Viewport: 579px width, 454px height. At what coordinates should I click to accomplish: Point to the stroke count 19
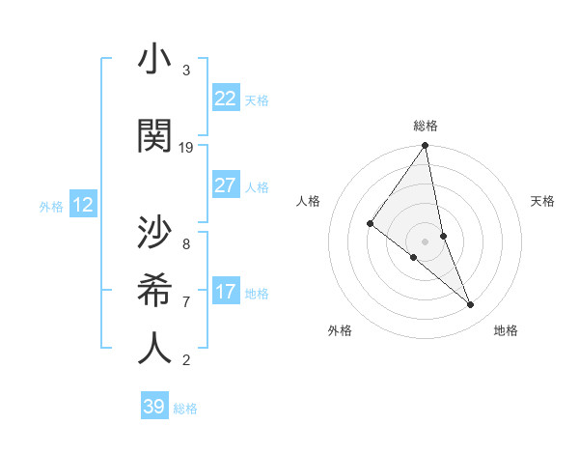coord(186,147)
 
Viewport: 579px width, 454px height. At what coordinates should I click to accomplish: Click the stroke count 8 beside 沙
coord(186,244)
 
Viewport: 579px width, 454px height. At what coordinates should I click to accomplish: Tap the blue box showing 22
coord(225,99)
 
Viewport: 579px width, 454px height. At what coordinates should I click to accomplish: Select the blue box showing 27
coord(225,185)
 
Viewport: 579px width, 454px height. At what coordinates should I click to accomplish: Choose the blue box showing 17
coord(225,292)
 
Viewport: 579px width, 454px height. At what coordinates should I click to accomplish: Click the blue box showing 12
coord(83,205)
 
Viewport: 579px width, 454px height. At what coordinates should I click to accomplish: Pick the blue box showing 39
coord(153,407)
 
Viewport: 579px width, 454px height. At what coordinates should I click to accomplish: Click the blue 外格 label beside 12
coord(51,206)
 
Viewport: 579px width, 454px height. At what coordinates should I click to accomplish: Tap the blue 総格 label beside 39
coord(185,409)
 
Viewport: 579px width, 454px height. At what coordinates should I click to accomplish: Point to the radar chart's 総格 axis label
coord(425,126)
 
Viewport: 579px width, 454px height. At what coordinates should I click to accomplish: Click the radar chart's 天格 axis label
coord(543,201)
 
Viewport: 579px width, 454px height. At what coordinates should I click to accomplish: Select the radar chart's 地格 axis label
coord(506,330)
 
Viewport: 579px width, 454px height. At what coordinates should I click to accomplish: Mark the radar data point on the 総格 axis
coord(425,146)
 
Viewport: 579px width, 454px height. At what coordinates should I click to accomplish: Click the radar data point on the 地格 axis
coord(471,304)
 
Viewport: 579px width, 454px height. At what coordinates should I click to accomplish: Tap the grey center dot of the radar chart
coord(425,241)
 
